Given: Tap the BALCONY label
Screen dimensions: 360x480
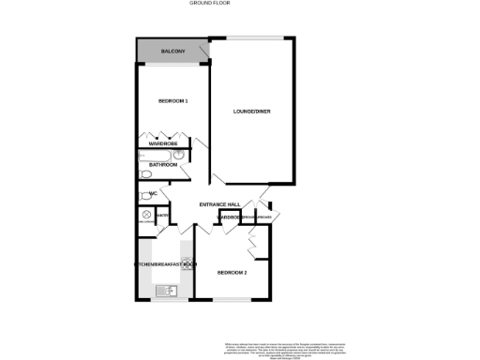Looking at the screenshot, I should pyautogui.click(x=172, y=51).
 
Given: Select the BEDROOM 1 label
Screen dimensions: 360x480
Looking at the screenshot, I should pyautogui.click(x=173, y=100).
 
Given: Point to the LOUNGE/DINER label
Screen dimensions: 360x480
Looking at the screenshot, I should pyautogui.click(x=253, y=112).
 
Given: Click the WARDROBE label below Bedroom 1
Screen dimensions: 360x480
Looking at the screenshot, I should pyautogui.click(x=164, y=143).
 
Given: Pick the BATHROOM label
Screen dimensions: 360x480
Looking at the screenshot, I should pyautogui.click(x=163, y=165).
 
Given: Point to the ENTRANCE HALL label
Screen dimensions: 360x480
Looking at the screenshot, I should pyautogui.click(x=220, y=204).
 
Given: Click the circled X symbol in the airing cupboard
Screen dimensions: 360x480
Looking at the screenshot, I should pyautogui.click(x=146, y=214).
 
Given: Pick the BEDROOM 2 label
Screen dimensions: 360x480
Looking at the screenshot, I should pyautogui.click(x=232, y=273).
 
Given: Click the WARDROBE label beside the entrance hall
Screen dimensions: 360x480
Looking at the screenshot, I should pyautogui.click(x=231, y=217).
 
